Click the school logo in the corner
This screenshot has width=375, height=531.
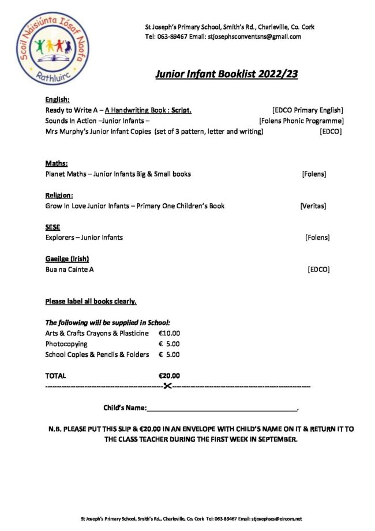[45, 48]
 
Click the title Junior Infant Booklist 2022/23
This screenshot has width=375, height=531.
[226, 74]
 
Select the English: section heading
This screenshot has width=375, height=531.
[57, 99]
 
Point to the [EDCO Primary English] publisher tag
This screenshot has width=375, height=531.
[307, 110]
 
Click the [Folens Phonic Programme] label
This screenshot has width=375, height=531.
[301, 121]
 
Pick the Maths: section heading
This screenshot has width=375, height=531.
[57, 163]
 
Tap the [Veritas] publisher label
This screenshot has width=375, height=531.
[313, 205]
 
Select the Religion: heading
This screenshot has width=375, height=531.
[59, 195]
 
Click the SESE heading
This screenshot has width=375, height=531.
[52, 227]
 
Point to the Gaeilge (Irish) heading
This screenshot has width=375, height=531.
[67, 258]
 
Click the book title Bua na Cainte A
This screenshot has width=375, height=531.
[69, 269]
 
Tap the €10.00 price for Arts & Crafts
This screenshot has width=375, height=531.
[169, 333]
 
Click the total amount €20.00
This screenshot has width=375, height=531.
[169, 376]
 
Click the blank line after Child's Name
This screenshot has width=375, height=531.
[222, 408]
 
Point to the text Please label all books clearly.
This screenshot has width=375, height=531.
[91, 301]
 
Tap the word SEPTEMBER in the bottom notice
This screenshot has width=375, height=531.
[275, 439]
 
